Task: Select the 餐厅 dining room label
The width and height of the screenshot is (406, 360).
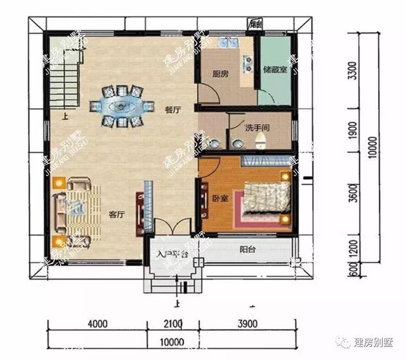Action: point(173,110)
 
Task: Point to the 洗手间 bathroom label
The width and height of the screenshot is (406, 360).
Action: point(258,126)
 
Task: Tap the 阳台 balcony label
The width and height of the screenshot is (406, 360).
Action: point(247,250)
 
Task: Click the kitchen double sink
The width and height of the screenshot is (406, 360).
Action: point(226,44)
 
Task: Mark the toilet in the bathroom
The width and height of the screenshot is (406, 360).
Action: point(259,143)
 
